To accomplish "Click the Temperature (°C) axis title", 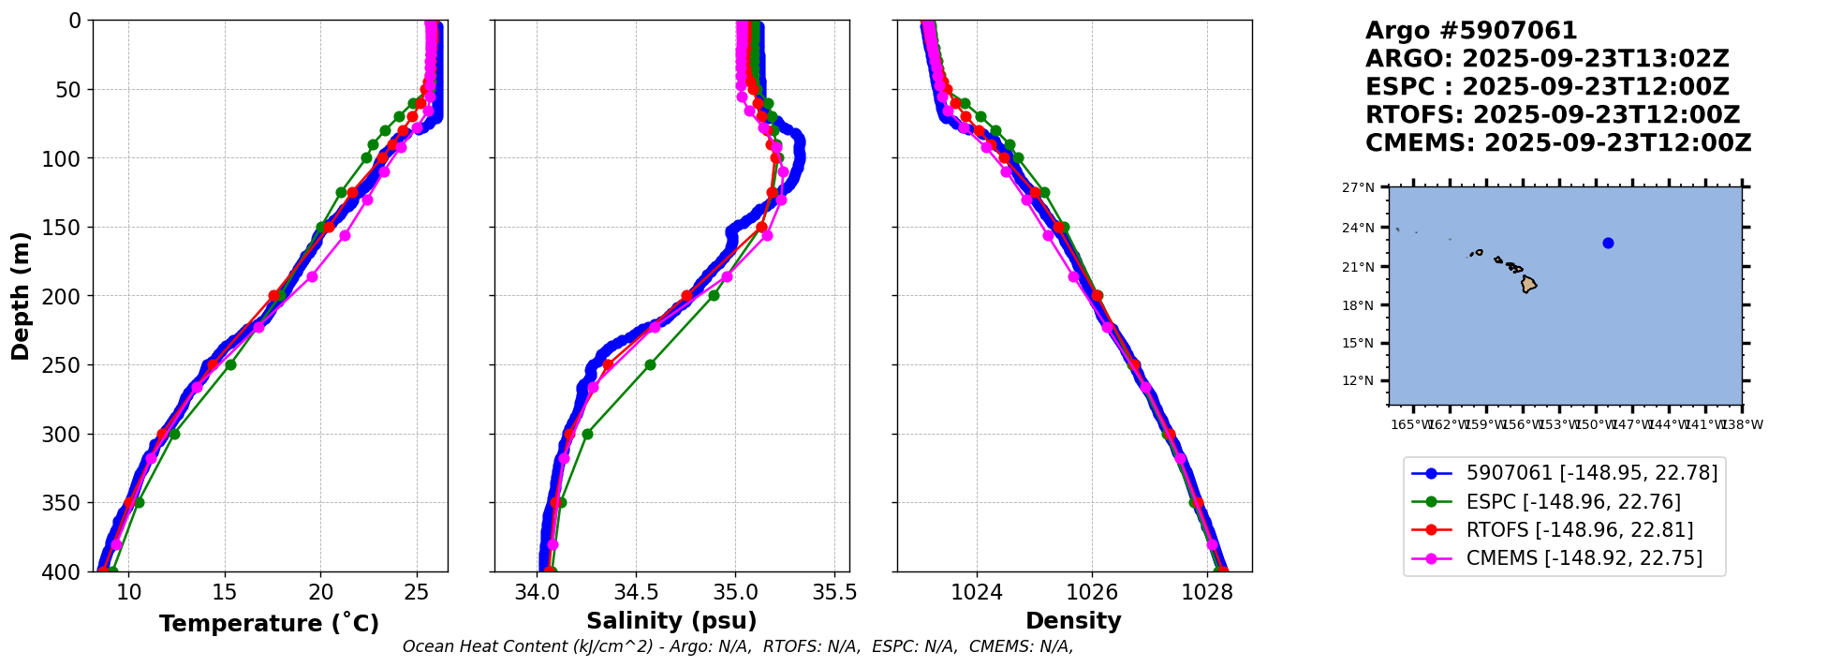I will click(x=269, y=624).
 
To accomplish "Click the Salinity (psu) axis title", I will click(x=671, y=621).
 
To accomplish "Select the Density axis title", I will click(x=1073, y=621).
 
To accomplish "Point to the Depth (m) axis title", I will click(x=21, y=295).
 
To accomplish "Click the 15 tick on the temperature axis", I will click(x=225, y=592).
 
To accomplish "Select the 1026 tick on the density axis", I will click(x=1092, y=592).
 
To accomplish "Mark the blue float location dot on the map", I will click(x=1608, y=243).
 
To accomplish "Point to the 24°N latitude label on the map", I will click(x=1359, y=228).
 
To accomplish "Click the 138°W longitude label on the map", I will click(x=1744, y=425).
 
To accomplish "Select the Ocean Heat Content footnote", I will click(x=738, y=646).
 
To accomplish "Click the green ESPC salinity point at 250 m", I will click(x=650, y=364).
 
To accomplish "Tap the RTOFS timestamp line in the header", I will click(x=1552, y=115).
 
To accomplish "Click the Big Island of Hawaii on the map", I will click(x=1528, y=284).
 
